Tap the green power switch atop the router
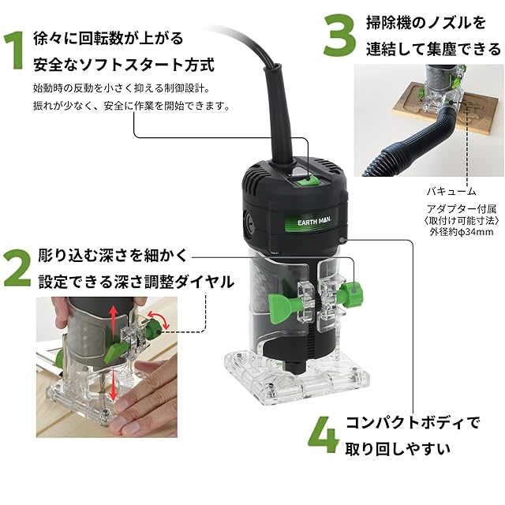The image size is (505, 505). coord(309,180)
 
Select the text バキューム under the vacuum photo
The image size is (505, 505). coord(451,192)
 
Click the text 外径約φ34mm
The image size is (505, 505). coord(461,233)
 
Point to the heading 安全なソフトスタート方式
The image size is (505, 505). coord(124,64)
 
